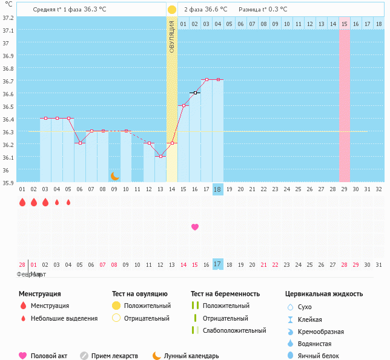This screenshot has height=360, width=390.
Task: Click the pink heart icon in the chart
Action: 195,227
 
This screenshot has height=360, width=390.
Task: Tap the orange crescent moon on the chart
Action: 114,176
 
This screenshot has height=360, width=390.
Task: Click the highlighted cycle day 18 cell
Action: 218,189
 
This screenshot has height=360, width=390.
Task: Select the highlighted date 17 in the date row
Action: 218,264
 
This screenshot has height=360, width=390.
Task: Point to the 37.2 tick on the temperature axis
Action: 8,18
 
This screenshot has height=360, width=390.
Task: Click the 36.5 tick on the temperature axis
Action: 8,106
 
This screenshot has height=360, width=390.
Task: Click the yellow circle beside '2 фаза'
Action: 172,10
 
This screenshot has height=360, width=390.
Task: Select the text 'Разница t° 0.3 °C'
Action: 263,10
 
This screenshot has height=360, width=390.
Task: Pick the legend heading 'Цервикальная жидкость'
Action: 324,293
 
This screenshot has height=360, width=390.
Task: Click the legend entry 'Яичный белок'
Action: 318,356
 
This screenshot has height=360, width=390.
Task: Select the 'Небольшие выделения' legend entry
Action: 64,318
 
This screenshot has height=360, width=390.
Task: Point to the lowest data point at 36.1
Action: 160,156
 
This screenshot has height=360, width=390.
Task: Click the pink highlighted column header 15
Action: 344,24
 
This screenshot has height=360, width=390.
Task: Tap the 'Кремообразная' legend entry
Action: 321,332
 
